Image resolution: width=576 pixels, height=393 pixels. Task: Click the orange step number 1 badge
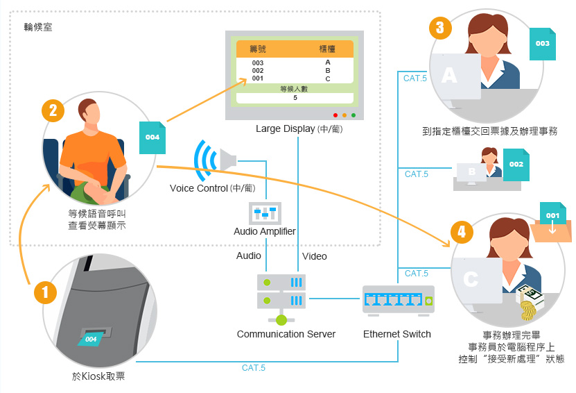click(x=46, y=292)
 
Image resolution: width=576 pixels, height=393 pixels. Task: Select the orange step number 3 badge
click(x=440, y=28)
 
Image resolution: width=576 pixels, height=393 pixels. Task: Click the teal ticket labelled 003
click(x=543, y=44)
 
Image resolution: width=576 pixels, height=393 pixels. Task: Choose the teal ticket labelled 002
click(x=516, y=164)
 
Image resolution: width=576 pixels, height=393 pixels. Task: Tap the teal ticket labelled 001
click(x=552, y=216)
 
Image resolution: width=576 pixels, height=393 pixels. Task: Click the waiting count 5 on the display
click(x=295, y=98)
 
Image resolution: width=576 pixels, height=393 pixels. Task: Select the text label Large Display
click(x=285, y=128)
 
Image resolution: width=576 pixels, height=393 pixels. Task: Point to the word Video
click(x=315, y=256)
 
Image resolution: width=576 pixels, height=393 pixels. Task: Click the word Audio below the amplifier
click(x=248, y=256)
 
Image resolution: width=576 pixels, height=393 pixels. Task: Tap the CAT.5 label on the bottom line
click(x=254, y=367)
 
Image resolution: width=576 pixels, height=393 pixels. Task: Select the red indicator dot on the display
click(x=335, y=115)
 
